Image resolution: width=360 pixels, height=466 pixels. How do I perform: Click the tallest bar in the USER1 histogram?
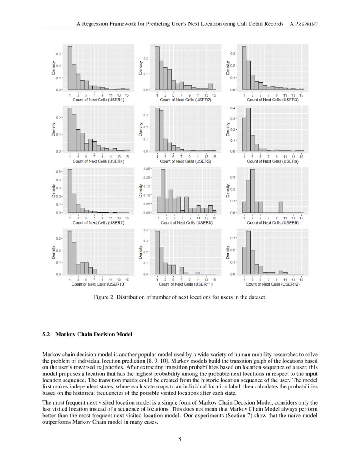pyautogui.click(x=70, y=68)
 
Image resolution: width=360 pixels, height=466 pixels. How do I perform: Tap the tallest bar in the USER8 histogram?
pyautogui.click(x=163, y=191)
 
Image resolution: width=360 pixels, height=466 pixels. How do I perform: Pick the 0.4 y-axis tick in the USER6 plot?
pyautogui.click(x=233, y=108)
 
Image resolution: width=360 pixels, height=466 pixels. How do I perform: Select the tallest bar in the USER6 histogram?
pyautogui.click(x=249, y=129)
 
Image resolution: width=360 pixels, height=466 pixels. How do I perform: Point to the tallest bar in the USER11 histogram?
pyautogui.click(x=157, y=252)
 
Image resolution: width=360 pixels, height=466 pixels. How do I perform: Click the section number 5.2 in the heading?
pyautogui.click(x=47, y=335)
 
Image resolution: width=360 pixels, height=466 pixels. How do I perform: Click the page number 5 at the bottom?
pyautogui.click(x=180, y=439)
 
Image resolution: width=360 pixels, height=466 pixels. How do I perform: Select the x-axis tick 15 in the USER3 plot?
pyautogui.click(x=301, y=95)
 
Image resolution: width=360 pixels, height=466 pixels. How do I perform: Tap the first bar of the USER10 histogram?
pyautogui.click(x=70, y=252)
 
